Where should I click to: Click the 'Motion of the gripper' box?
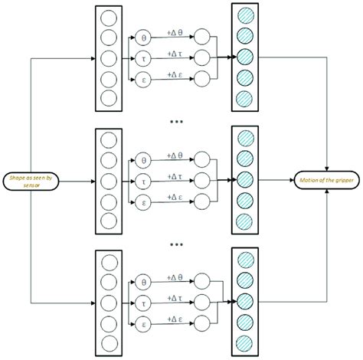pyautogui.click(x=329, y=181)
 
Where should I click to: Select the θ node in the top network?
pyautogui.click(x=142, y=36)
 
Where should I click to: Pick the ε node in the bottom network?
pyautogui.click(x=142, y=323)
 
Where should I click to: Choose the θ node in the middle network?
pyautogui.click(x=142, y=161)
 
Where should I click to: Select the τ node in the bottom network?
pyautogui.click(x=142, y=303)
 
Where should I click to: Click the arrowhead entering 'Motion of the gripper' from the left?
pyautogui.click(x=294, y=181)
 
